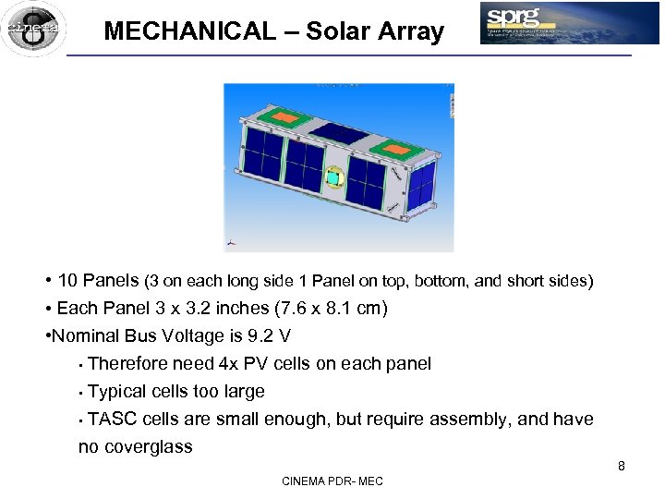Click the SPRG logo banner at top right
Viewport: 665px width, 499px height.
pos(569,23)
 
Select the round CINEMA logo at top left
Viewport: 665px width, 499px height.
pos(33,29)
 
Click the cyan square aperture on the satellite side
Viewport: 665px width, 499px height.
pos(334,176)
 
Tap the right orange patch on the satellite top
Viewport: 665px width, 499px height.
pos(399,147)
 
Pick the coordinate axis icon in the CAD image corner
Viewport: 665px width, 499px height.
pos(231,244)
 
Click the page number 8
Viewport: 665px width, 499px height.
pos(622,466)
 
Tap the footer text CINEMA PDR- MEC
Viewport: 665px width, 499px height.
pos(332,481)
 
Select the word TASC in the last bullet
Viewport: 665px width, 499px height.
pos(111,419)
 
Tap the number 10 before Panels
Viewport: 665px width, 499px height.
pos(68,280)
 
